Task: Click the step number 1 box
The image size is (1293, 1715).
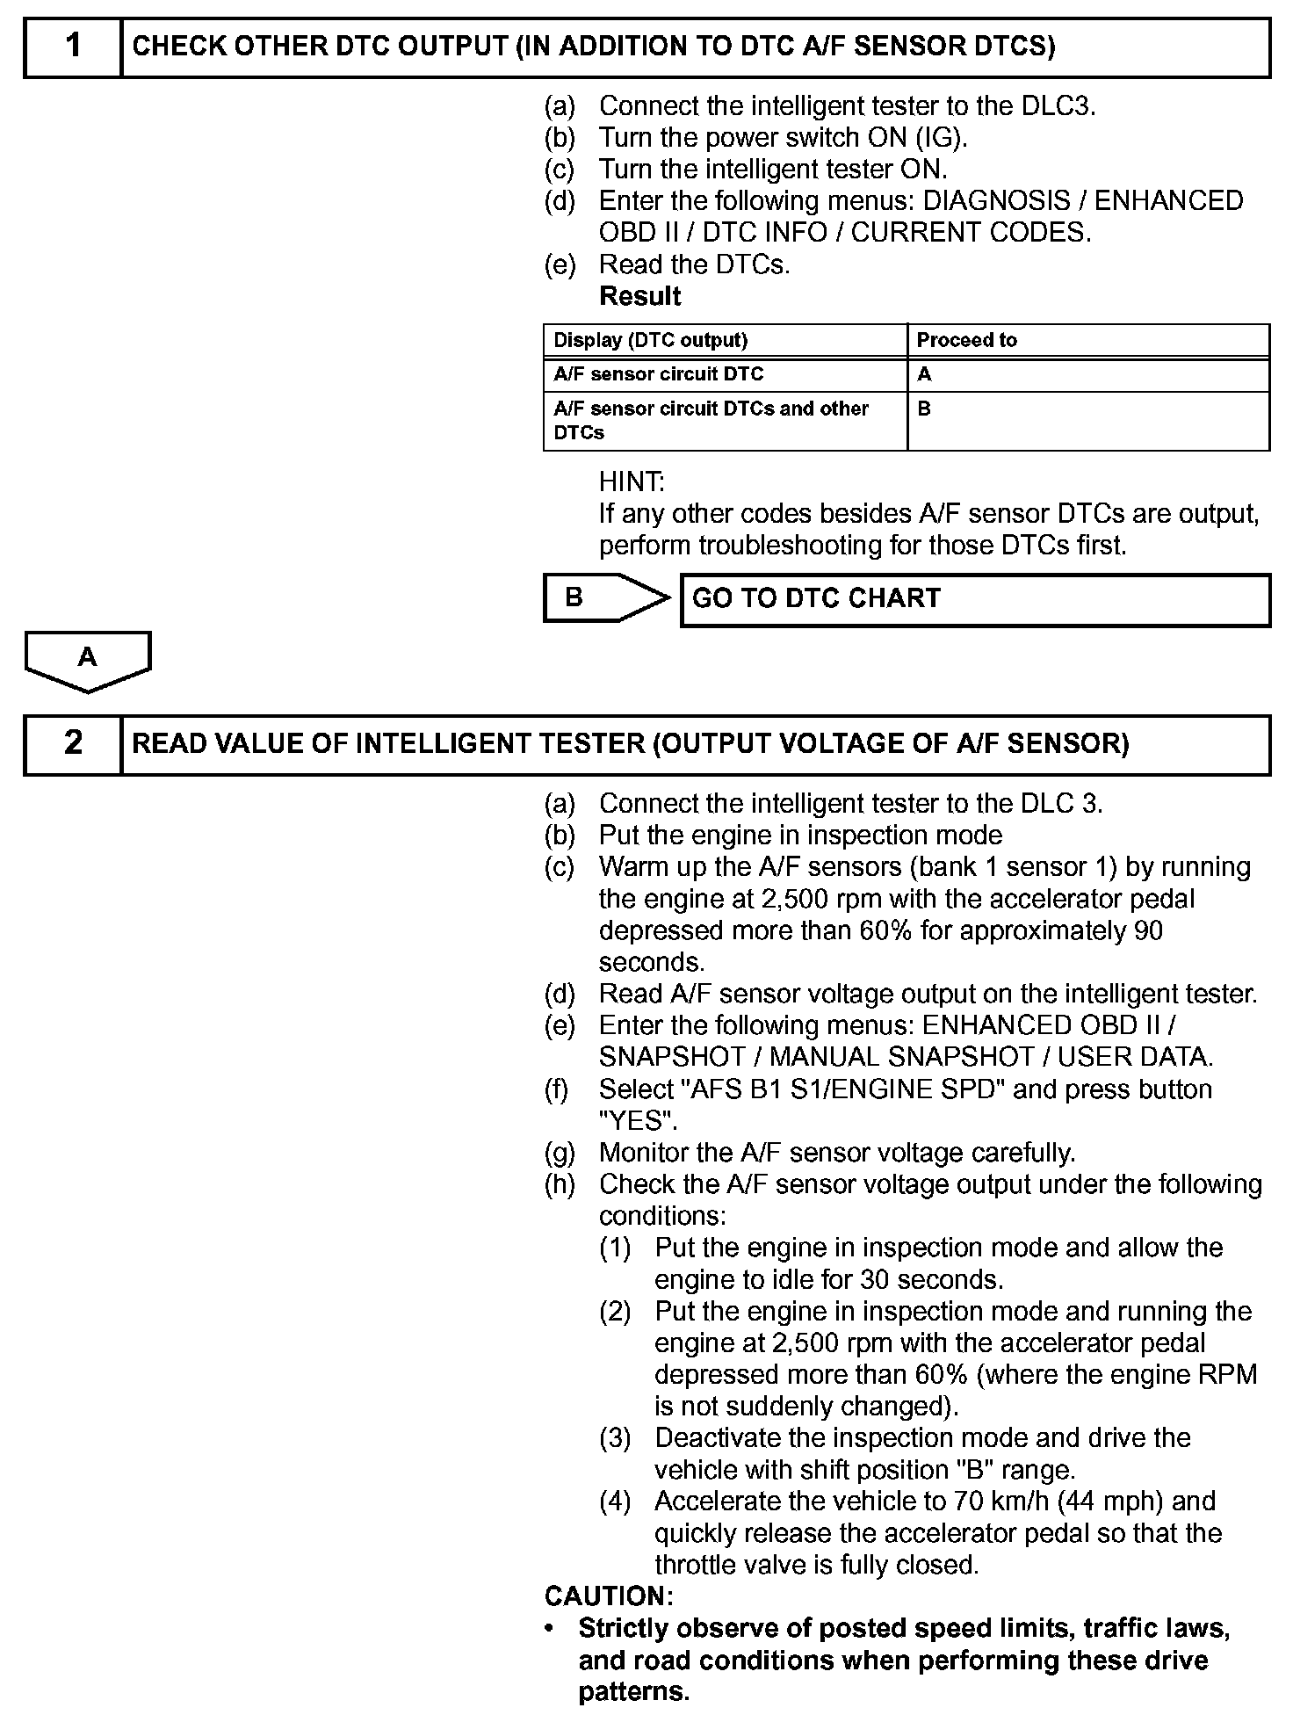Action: click(x=73, y=47)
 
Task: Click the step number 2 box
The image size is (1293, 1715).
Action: click(x=73, y=744)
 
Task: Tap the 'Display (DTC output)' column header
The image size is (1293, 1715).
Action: click(x=651, y=340)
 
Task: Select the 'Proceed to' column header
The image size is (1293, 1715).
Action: click(x=966, y=340)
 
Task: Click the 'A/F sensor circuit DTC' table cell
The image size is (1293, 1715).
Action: click(x=659, y=374)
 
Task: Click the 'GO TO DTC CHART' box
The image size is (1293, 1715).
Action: click(x=975, y=599)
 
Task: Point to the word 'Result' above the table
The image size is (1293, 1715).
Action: click(x=639, y=297)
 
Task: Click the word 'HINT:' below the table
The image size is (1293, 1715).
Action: click(x=632, y=481)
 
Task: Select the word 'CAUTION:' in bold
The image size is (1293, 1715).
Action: click(x=609, y=1596)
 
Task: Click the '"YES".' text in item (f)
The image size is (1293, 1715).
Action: click(x=638, y=1121)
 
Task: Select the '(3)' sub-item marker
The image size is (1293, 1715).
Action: click(x=615, y=1438)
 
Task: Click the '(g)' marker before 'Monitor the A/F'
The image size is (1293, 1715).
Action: click(x=560, y=1153)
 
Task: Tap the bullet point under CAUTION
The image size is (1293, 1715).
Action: click(x=550, y=1629)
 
